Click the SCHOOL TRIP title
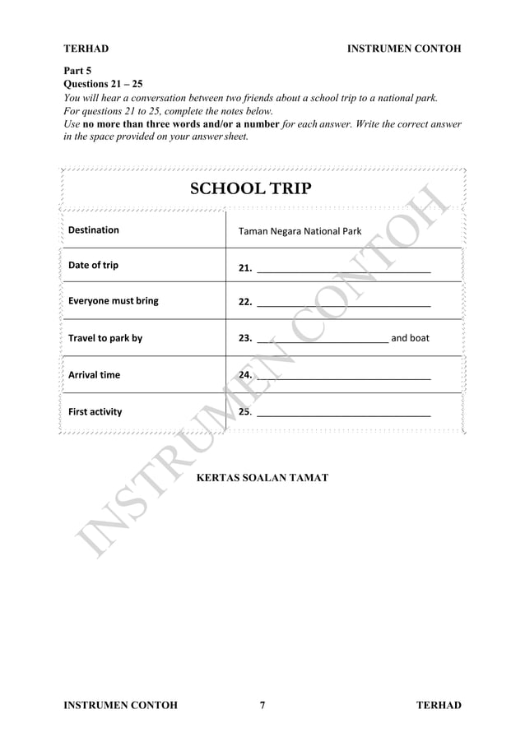[x=251, y=188]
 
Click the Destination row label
[x=93, y=230]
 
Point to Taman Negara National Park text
[x=300, y=231]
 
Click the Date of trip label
[x=93, y=265]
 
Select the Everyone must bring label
[x=114, y=301]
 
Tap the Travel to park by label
[x=105, y=338]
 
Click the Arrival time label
[x=94, y=375]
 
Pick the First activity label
[x=95, y=411]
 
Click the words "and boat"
[x=410, y=338]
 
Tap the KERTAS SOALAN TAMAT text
[x=262, y=478]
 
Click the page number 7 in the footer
[x=262, y=705]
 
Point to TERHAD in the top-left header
[x=86, y=49]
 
